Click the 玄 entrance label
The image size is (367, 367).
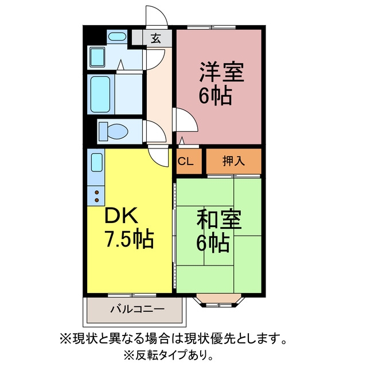[155, 38]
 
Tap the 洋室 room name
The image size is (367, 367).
[221, 72]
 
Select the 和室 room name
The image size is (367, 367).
[219, 219]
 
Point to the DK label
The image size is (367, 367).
[121, 216]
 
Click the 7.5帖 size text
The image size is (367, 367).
[130, 239]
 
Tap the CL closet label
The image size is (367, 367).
[185, 161]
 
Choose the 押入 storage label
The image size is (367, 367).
[233, 161]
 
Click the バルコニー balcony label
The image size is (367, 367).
[138, 310]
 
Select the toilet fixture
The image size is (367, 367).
[113, 131]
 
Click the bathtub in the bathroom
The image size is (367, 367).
[100, 94]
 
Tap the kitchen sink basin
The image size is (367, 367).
[97, 162]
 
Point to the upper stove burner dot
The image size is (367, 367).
[97, 193]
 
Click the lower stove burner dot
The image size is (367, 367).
[97, 200]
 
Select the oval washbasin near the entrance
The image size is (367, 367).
[117, 36]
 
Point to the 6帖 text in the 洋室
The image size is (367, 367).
[216, 96]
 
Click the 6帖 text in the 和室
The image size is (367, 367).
[213, 243]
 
